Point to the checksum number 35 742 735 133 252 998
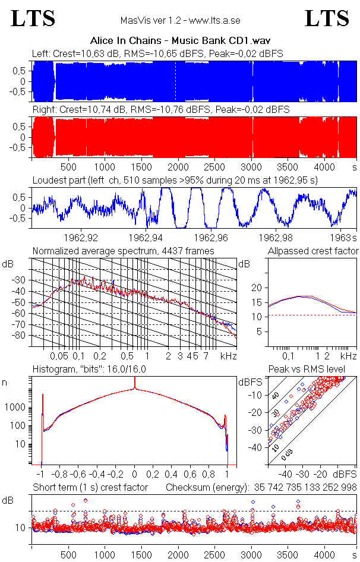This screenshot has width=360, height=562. point(298,488)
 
